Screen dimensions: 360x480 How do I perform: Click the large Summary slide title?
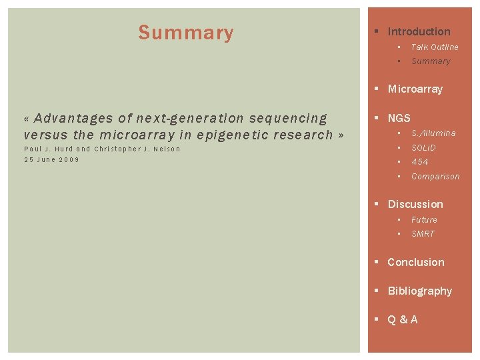pos(186,33)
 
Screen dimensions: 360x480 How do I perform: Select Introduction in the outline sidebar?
pos(419,31)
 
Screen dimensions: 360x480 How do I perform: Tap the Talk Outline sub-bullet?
pos(435,47)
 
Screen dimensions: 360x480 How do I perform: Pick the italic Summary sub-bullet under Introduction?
pos(431,61)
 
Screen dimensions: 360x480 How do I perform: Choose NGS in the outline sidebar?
pos(399,118)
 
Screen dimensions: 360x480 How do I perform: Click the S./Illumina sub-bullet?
pos(433,133)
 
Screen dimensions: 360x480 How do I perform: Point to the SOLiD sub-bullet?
pos(423,147)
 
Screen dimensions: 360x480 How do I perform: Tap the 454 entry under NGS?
pos(420,162)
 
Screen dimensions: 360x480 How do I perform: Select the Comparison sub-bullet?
pos(435,177)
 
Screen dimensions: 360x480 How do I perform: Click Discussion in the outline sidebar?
pos(415,204)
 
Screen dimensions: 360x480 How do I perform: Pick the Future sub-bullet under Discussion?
pos(424,220)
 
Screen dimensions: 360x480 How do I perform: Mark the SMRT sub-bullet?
pos(423,234)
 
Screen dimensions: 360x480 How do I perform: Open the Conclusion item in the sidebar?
pos(415,262)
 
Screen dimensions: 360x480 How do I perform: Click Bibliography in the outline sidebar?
pos(419,291)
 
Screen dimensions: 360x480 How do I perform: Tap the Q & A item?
pos(403,319)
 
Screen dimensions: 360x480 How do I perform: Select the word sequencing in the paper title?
pos(288,119)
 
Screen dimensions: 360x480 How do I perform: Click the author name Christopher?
pos(117,149)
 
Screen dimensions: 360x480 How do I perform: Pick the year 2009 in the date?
pos(68,160)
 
